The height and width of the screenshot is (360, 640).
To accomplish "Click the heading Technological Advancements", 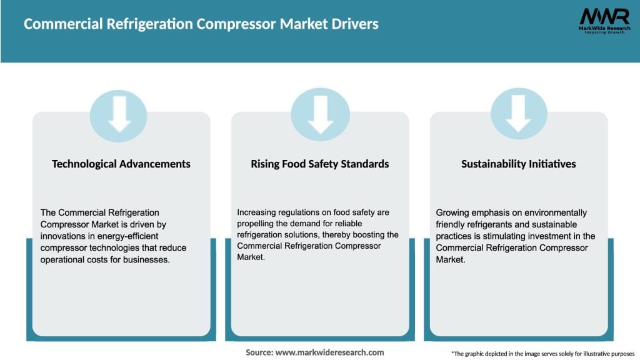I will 121,164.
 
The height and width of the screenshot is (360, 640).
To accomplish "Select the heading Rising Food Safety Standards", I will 320,164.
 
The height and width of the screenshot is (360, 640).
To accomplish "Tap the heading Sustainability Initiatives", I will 519,164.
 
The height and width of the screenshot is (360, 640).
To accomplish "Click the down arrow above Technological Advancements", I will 119,114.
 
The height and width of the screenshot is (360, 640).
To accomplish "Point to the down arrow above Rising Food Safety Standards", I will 320,114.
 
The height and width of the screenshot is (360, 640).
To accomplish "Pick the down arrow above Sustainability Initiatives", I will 519,114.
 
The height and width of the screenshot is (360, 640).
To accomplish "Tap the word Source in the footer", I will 259,352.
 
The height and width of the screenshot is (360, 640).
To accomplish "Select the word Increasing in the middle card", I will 257,212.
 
